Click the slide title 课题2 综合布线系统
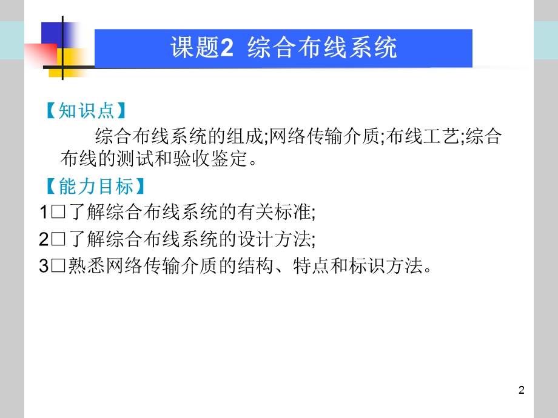(x=284, y=48)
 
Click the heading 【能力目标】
(x=95, y=186)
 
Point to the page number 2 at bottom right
(x=522, y=390)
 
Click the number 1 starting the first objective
(x=44, y=213)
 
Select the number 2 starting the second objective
(x=44, y=240)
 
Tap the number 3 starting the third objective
(x=44, y=267)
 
